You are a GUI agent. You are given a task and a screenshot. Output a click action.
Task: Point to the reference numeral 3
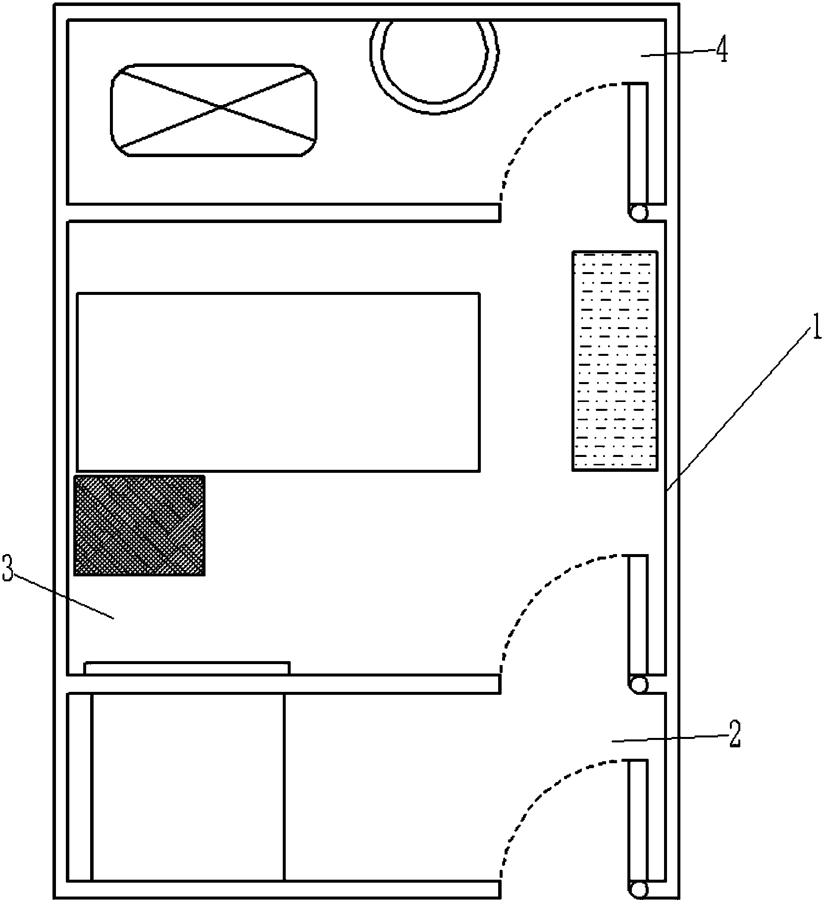click(8, 568)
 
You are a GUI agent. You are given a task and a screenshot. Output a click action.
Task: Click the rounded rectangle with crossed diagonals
click(214, 110)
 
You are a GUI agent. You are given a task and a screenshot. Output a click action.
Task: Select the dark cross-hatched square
click(139, 526)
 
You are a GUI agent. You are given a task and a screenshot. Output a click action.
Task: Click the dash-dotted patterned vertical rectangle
click(615, 361)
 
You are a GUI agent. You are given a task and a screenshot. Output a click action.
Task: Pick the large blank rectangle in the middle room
click(278, 382)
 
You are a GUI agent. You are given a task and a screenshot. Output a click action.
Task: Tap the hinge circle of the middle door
click(638, 684)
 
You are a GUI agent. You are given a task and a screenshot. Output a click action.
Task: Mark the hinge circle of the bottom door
click(638, 890)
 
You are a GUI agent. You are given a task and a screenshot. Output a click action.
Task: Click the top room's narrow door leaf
click(638, 144)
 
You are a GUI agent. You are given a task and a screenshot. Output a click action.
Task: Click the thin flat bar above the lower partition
click(187, 668)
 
